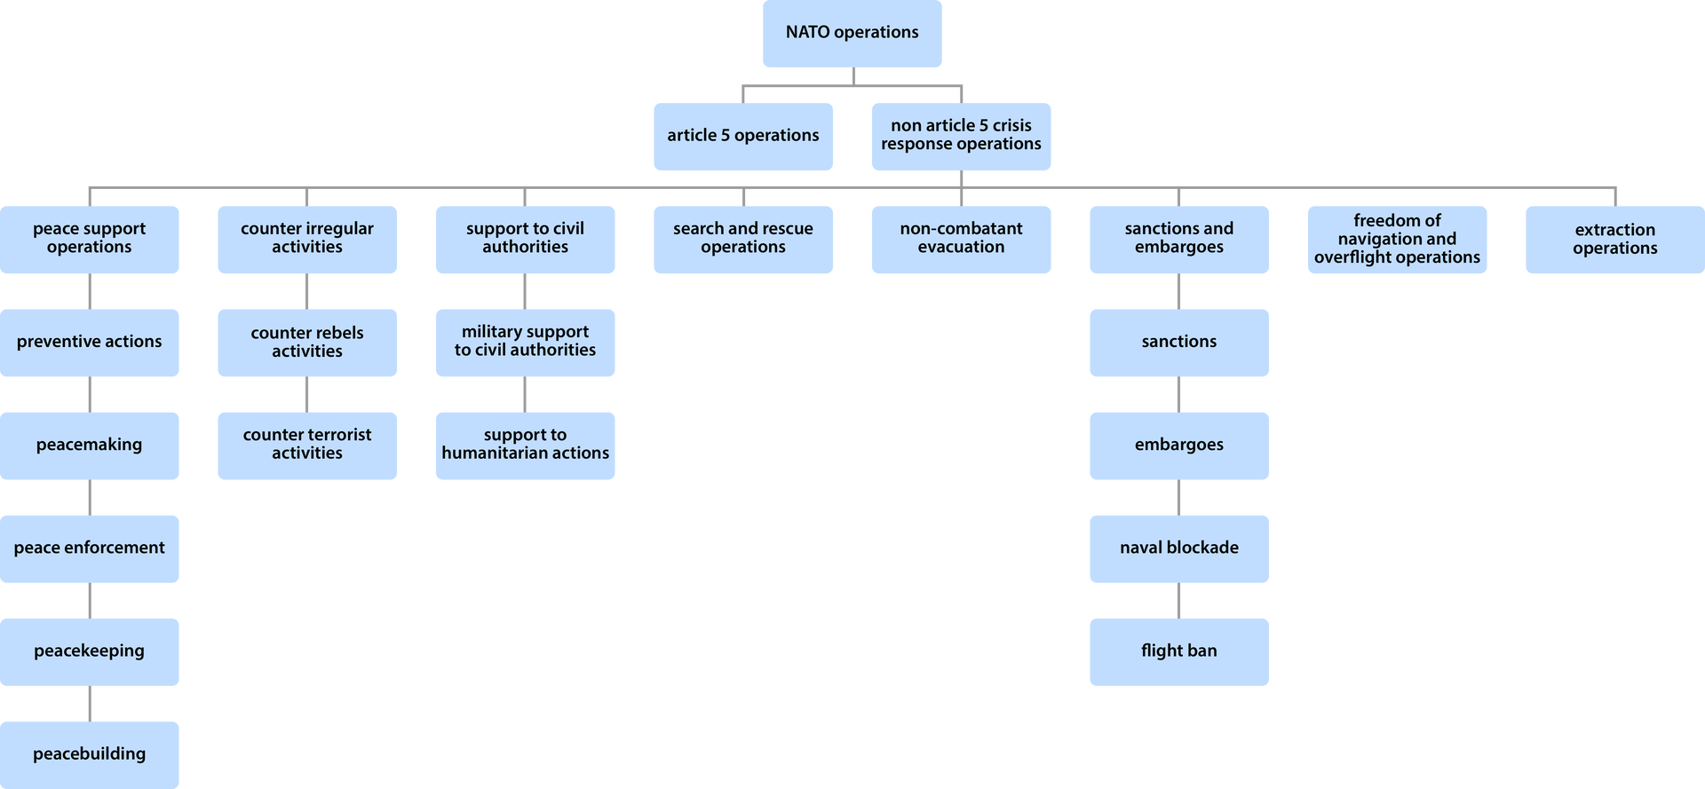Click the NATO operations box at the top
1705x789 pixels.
(x=852, y=34)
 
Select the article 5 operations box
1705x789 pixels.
(x=742, y=136)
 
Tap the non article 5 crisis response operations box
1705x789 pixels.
(x=961, y=136)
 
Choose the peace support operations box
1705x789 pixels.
(x=90, y=239)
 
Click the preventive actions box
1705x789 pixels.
(x=90, y=343)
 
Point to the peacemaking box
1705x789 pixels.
(x=90, y=446)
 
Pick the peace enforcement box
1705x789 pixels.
(x=90, y=548)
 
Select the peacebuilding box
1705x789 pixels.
(x=90, y=753)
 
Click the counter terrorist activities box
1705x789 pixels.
(x=307, y=446)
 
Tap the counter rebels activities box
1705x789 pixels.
(x=307, y=343)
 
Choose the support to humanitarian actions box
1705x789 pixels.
(x=525, y=446)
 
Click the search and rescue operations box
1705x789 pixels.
(x=742, y=239)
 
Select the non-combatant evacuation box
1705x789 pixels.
(x=961, y=239)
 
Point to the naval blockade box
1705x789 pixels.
(x=1178, y=548)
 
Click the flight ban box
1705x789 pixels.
(x=1178, y=651)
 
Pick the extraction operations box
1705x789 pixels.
(x=1614, y=240)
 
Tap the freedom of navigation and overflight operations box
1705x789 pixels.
(x=1397, y=240)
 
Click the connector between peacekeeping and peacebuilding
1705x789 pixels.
(x=90, y=704)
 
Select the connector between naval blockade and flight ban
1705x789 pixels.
(x=1178, y=601)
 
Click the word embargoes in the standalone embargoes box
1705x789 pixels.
(x=1178, y=445)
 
